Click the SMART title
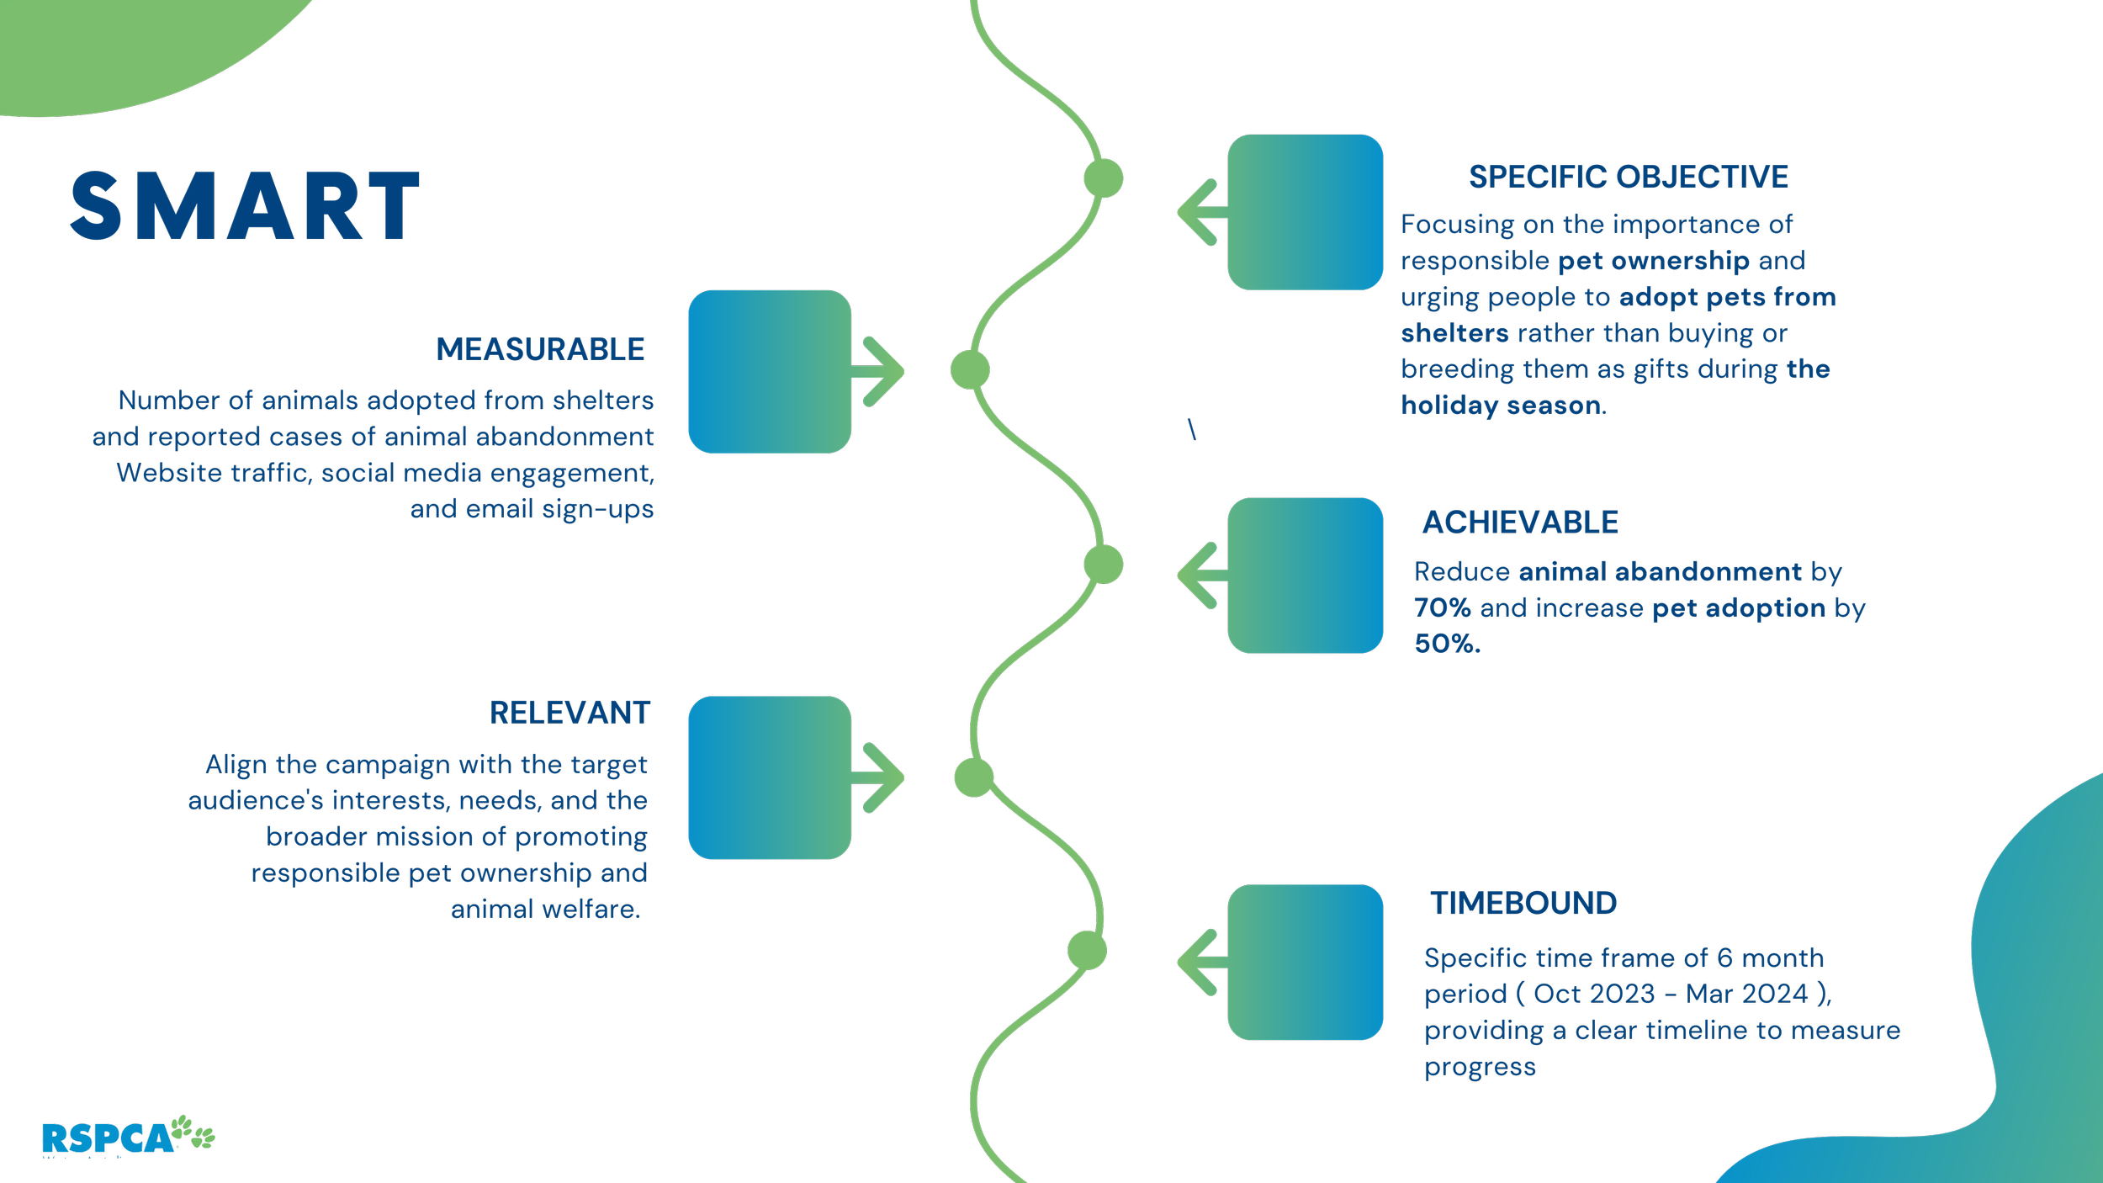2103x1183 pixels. click(245, 206)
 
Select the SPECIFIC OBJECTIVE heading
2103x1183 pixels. click(1629, 178)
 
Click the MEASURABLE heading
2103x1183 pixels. click(540, 349)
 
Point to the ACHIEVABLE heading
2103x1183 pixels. click(1520, 523)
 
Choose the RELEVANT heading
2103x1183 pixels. click(569, 714)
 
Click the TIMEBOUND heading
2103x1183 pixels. click(1523, 904)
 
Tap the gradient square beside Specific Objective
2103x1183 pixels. click(1305, 213)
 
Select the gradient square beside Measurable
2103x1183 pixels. click(770, 372)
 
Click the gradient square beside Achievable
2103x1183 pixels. click(1305, 576)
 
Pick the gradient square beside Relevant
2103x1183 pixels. click(770, 777)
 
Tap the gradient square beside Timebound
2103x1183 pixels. click(1305, 963)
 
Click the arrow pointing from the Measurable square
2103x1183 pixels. click(880, 372)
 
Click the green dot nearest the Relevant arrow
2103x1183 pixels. click(974, 777)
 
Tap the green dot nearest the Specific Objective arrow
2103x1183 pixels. click(1103, 178)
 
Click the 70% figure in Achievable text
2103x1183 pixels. click(1442, 608)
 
